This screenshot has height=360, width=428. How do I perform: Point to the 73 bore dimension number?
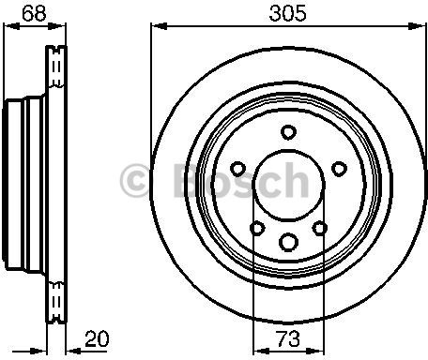pos(287,338)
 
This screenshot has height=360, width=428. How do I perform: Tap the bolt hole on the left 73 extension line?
pos(256,227)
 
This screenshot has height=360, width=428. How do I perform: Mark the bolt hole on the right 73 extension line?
pos(319,227)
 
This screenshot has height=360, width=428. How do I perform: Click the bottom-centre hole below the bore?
pos(287,239)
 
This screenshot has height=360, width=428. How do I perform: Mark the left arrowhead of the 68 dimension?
pos(6,29)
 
